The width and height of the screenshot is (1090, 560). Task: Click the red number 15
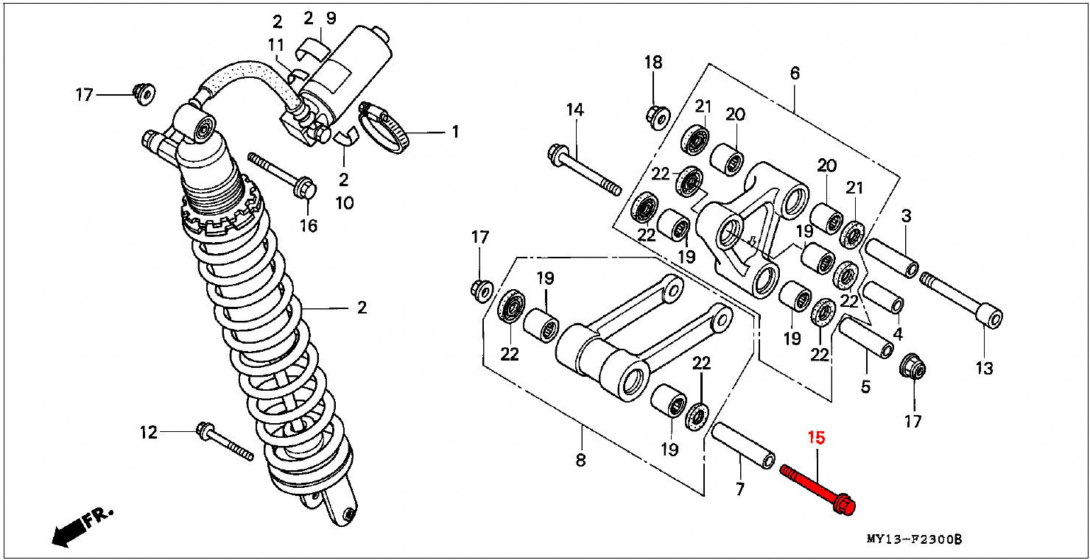(816, 438)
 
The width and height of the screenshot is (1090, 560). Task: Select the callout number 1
(455, 132)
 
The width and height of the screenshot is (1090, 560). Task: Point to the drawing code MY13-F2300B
(914, 539)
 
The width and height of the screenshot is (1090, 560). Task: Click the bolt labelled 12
(225, 442)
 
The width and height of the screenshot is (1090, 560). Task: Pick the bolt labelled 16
(282, 175)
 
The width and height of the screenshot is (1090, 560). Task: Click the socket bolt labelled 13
(961, 300)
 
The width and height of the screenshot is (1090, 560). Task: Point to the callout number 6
(795, 74)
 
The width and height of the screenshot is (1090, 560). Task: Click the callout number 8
(580, 461)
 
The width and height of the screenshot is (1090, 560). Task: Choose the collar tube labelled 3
(892, 258)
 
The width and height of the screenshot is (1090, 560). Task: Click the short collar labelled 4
(883, 297)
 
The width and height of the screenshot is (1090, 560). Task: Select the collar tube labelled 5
(866, 337)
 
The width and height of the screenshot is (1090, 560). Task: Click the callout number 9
(331, 18)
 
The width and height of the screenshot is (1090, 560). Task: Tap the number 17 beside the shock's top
(84, 94)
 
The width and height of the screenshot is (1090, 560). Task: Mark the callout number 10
(344, 203)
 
